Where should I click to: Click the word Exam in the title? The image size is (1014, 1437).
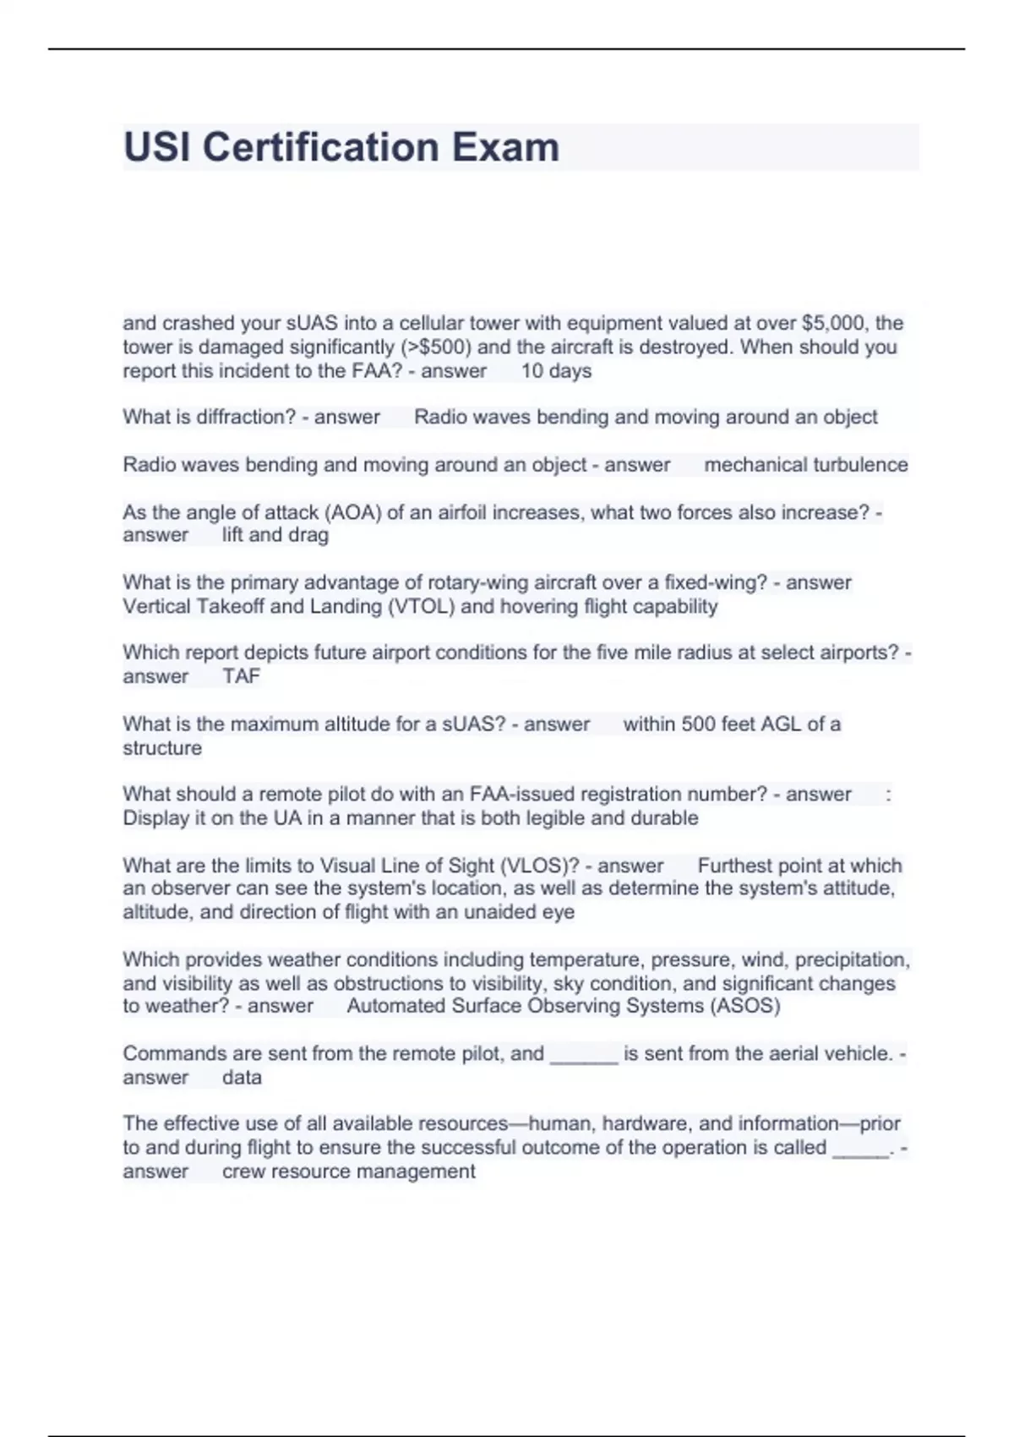point(505,147)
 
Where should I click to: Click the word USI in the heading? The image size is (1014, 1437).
point(157,147)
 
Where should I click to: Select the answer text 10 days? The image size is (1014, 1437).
point(556,371)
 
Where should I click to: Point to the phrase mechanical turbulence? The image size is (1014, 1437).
point(806,465)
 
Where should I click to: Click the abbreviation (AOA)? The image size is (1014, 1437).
point(354,512)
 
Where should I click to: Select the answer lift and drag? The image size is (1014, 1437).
point(275,535)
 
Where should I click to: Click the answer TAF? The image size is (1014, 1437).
point(242,676)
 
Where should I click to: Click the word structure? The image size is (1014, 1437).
point(162,748)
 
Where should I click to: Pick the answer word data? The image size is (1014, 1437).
point(242,1078)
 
